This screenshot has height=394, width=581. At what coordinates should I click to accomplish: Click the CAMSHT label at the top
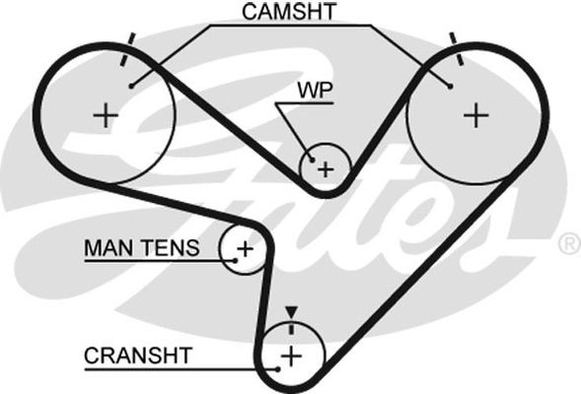(289, 12)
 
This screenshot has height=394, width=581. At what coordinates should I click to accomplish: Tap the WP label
(316, 90)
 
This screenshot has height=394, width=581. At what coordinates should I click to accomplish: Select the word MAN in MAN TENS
(108, 248)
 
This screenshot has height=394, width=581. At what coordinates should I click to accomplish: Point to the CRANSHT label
(138, 356)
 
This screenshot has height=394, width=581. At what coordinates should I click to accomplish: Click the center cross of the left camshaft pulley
(106, 115)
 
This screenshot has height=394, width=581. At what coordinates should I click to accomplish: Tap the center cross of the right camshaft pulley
(476, 115)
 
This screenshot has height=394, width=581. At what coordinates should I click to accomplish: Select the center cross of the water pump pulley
(326, 169)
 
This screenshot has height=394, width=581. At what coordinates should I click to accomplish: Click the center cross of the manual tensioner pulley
(245, 248)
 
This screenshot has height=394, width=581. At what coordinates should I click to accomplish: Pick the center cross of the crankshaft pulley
(292, 357)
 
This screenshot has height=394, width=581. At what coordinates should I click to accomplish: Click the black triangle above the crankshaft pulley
(292, 312)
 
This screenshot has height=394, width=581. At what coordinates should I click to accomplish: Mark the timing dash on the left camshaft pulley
(128, 49)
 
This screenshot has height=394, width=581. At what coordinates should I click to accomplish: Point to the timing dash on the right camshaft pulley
(457, 49)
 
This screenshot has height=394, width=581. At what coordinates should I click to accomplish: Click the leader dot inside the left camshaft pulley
(131, 87)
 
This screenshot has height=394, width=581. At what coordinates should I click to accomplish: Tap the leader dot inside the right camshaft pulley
(450, 87)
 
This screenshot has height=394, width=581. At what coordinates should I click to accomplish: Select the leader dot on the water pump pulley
(312, 160)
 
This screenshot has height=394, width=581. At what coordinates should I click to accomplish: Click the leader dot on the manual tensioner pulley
(236, 260)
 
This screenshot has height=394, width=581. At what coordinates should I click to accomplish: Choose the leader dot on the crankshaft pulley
(277, 368)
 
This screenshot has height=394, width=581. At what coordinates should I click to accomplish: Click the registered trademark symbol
(569, 244)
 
